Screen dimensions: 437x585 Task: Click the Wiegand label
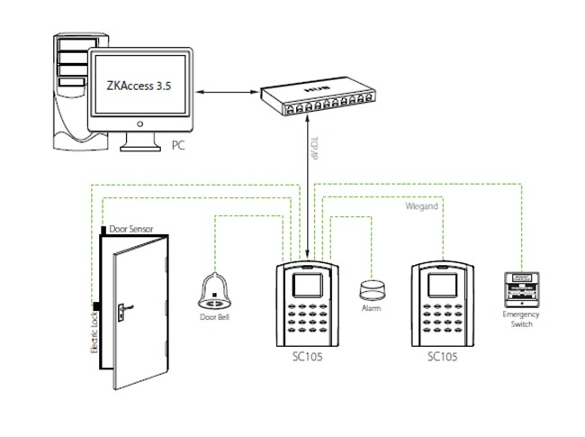coord(421,206)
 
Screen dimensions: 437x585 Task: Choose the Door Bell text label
coord(215,317)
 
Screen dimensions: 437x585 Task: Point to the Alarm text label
coord(371,309)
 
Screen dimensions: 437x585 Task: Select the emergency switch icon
coord(521,288)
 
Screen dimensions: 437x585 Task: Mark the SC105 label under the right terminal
coord(443,357)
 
